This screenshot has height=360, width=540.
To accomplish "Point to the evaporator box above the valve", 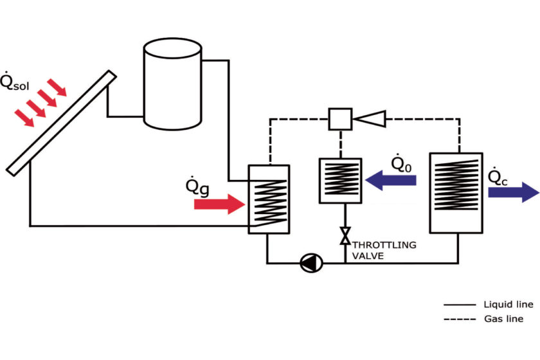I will click(341, 180).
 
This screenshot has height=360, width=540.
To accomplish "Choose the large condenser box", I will click(456, 192).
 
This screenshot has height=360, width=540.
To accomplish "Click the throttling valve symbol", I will click(345, 237).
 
